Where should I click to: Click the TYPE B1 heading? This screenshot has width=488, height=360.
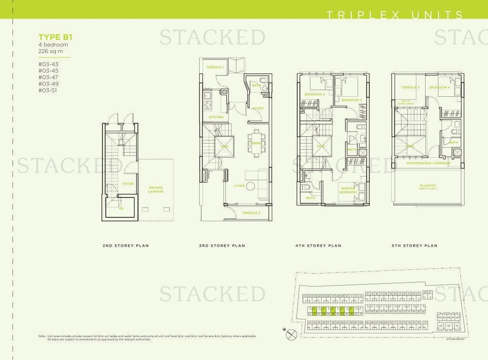51,36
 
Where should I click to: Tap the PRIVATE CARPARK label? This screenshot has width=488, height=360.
156,189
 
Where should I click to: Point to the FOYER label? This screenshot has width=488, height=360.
128,184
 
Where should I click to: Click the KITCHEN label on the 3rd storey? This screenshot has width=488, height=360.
216,117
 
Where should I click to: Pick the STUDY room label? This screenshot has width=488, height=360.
258,108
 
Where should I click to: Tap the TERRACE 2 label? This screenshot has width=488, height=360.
251,213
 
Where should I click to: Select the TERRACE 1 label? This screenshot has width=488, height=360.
215,67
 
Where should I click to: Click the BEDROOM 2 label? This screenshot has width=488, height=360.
315,94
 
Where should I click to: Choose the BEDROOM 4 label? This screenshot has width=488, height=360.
439,88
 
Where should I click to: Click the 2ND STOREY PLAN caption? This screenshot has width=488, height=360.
126,246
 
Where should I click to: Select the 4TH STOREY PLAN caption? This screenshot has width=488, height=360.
318,246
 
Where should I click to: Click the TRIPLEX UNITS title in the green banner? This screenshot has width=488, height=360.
394,15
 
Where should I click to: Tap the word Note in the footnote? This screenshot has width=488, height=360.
42,336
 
